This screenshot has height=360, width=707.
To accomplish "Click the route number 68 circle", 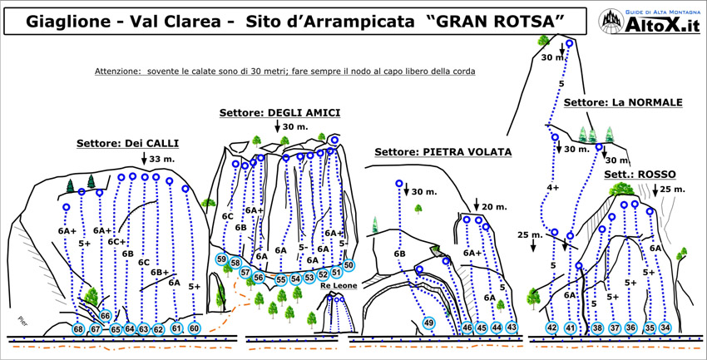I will pyautogui.click(x=78, y=329).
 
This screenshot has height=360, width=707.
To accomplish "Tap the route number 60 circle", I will pyautogui.click(x=194, y=328).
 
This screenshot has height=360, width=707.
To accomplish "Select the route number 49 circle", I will pyautogui.click(x=429, y=323).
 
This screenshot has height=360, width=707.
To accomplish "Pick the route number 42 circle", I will pyautogui.click(x=551, y=328).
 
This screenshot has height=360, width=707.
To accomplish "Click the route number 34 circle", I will pyautogui.click(x=665, y=328).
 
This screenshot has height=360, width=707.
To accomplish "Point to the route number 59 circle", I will pyautogui.click(x=222, y=259).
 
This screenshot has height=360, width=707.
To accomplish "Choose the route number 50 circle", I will pyautogui.click(x=349, y=265).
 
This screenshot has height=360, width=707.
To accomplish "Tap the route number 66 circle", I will pyautogui.click(x=106, y=316).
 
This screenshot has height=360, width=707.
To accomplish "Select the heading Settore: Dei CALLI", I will pyautogui.click(x=127, y=143).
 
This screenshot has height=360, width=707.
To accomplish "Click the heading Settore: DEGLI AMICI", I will pyautogui.click(x=280, y=112).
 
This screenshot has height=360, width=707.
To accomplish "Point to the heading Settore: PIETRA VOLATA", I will pyautogui.click(x=442, y=152).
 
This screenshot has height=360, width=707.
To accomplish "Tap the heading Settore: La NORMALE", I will pyautogui.click(x=622, y=103).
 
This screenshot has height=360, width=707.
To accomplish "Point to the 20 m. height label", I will pyautogui.click(x=494, y=206).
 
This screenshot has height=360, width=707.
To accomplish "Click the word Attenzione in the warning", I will pyautogui.click(x=121, y=72).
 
